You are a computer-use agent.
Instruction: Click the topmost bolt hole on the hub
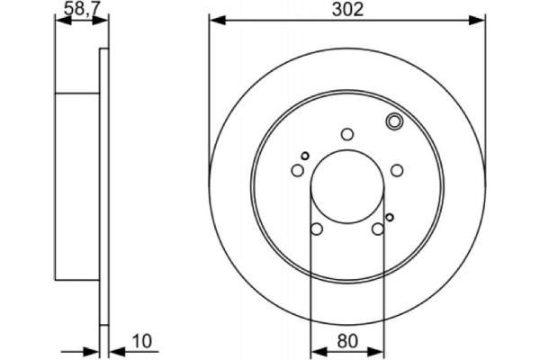(x=346, y=134)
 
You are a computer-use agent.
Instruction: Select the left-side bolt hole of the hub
(x=297, y=170)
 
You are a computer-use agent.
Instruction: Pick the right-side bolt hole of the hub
(x=397, y=170)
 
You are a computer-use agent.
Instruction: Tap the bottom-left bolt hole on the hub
(x=316, y=229)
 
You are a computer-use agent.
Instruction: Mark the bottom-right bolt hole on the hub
(x=378, y=229)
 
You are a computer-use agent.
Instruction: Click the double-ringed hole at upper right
(x=393, y=122)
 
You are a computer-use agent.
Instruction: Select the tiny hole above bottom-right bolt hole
(x=389, y=216)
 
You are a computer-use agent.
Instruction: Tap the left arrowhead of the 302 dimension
(x=214, y=20)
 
